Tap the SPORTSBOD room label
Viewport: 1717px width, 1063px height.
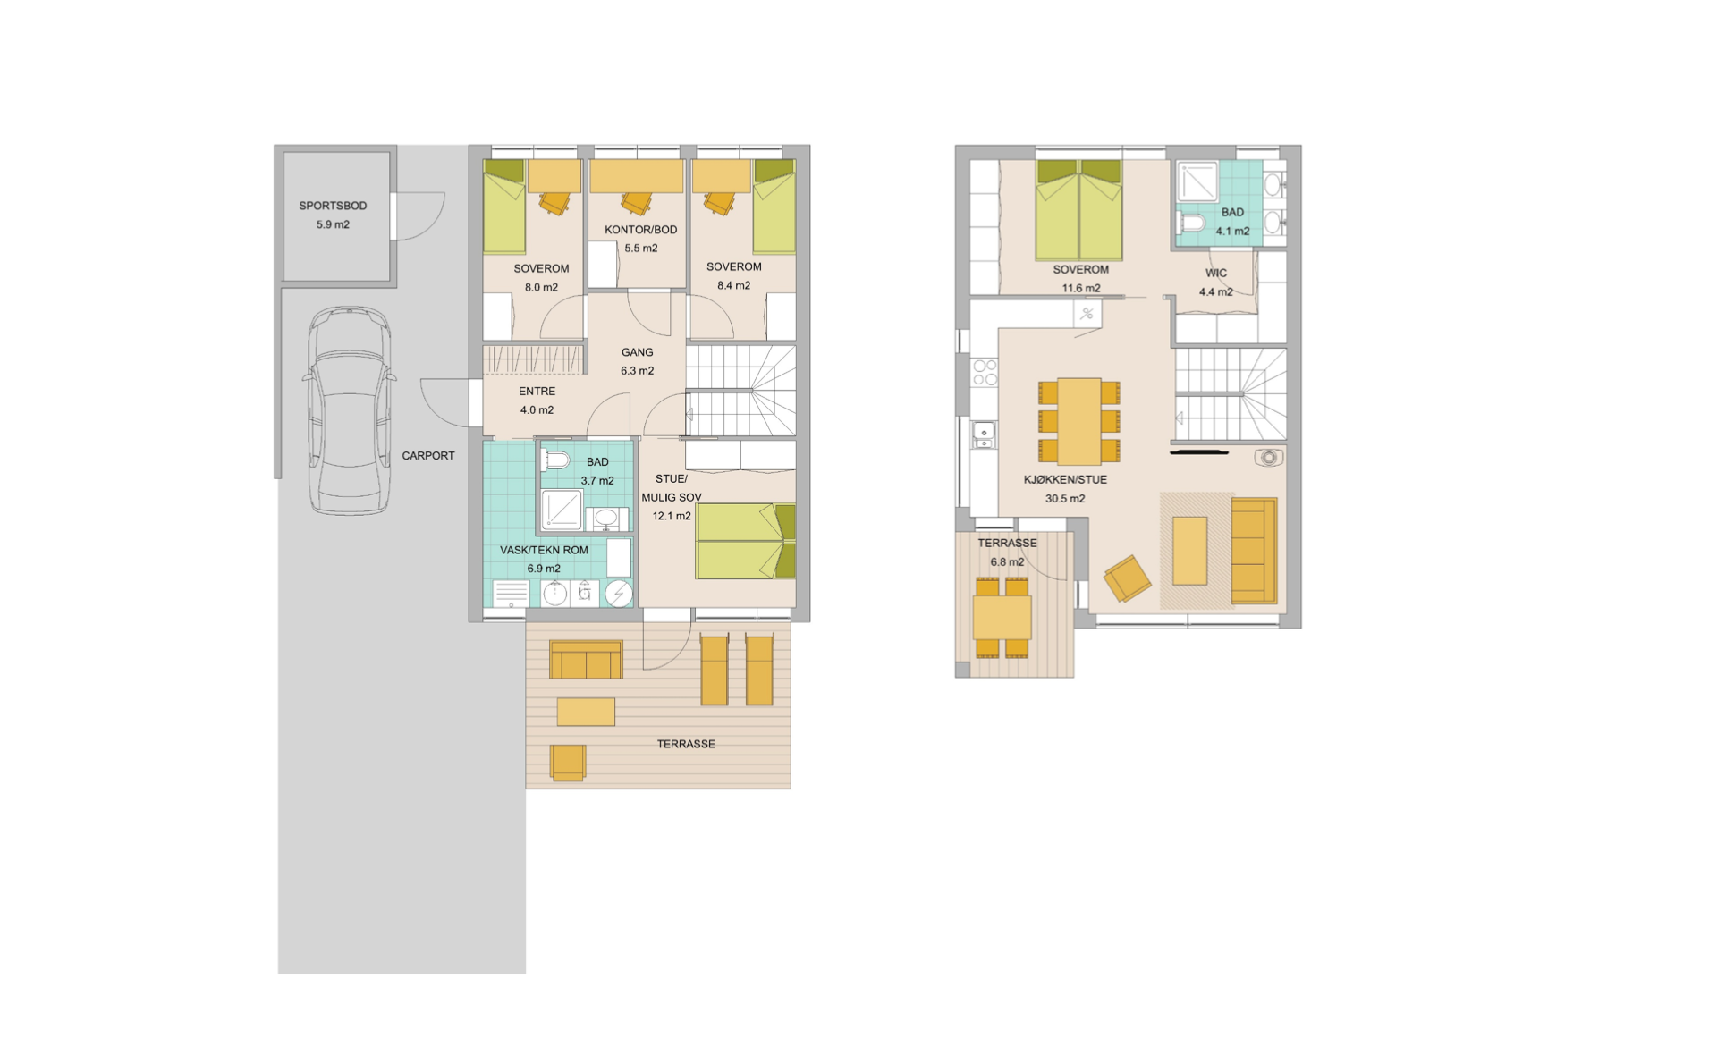[333, 206]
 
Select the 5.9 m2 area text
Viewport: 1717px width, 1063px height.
[333, 224]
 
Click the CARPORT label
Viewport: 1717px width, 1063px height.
[428, 456]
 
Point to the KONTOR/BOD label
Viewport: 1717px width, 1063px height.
[641, 230]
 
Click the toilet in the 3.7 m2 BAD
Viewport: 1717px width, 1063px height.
[555, 460]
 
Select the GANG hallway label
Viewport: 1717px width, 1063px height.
[638, 352]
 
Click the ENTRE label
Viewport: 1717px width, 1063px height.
[537, 392]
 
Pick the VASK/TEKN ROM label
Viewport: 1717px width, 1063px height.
[544, 550]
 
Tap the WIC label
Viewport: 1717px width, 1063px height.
[1216, 273]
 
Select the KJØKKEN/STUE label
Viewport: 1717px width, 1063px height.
[1065, 480]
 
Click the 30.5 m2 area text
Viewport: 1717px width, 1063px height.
[1065, 499]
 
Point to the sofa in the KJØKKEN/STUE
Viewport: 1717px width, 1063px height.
[1254, 551]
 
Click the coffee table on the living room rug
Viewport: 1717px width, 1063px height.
[1189, 551]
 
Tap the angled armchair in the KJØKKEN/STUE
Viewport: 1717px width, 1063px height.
[1127, 578]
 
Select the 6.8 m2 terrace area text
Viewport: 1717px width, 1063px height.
[1007, 562]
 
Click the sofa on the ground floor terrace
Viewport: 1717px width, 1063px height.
[586, 660]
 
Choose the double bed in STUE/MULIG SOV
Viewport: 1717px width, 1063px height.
[746, 541]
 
